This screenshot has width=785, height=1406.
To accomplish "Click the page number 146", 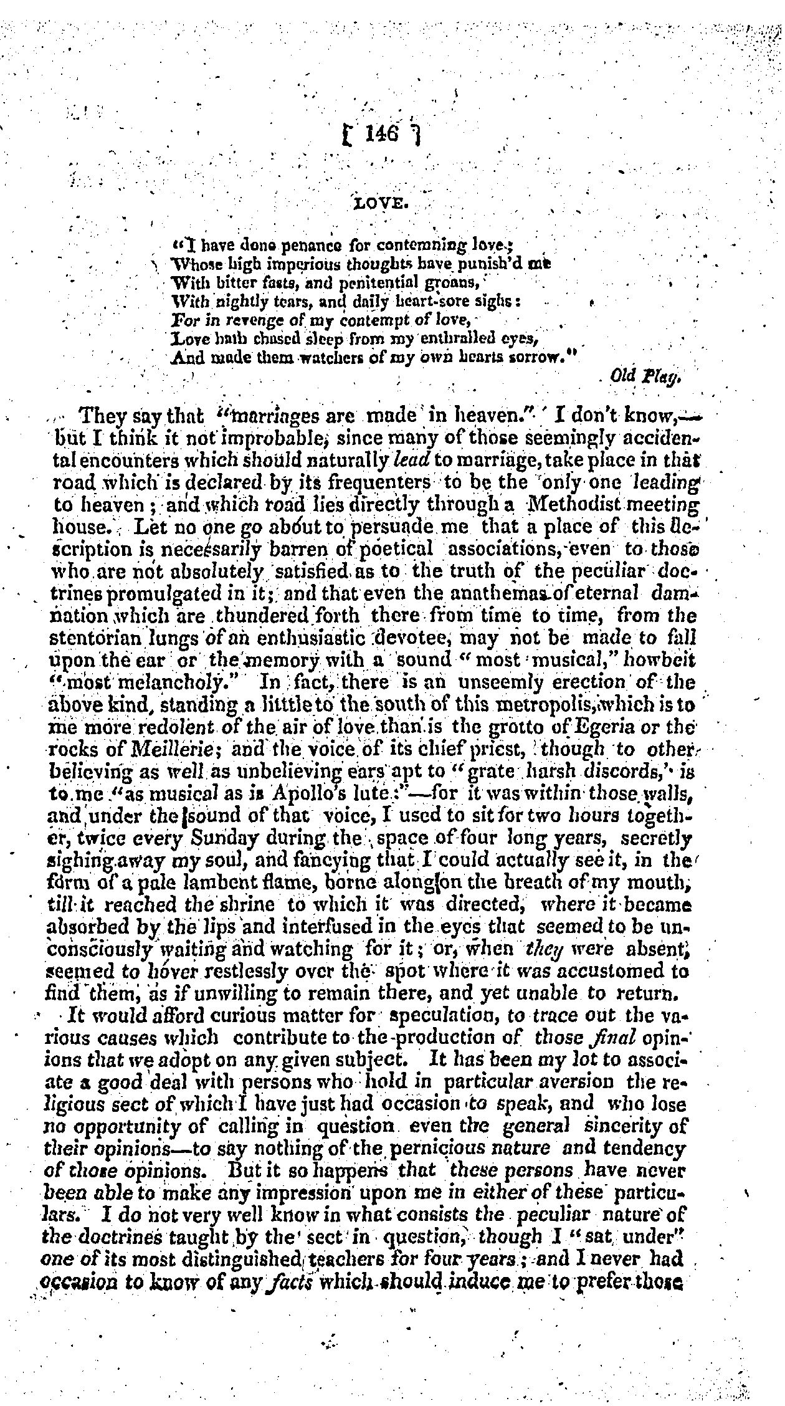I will (x=382, y=134).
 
